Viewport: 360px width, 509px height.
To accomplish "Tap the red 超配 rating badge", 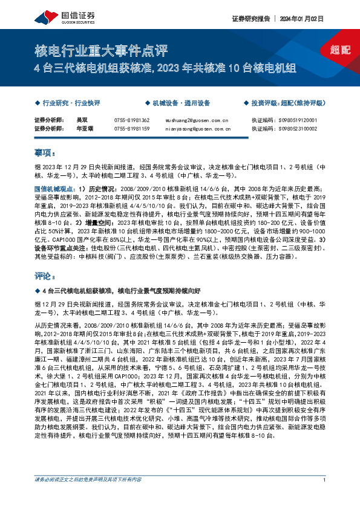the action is coord(341,50).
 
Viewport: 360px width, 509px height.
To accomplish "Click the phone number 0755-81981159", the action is coord(132,129).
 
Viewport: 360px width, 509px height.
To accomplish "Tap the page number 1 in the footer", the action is coord(325,497).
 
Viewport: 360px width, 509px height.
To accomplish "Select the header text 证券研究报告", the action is coord(251,19).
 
